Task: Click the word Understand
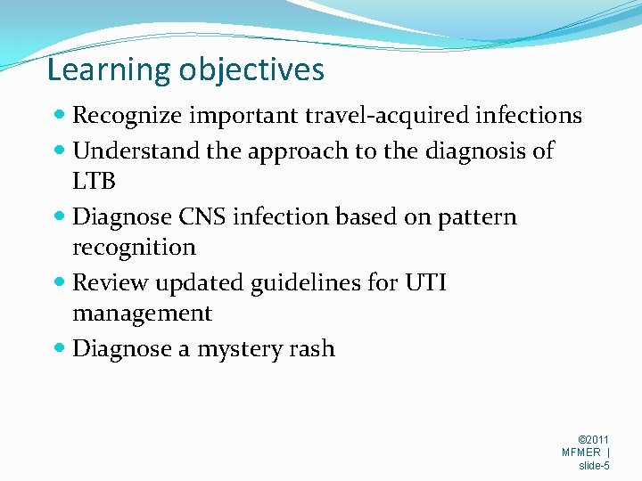(x=136, y=151)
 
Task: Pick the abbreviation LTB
(x=95, y=182)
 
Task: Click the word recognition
(x=134, y=248)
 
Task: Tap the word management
(x=142, y=314)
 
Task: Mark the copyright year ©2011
(x=594, y=440)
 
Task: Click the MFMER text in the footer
(x=581, y=452)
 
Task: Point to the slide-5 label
(x=594, y=465)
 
